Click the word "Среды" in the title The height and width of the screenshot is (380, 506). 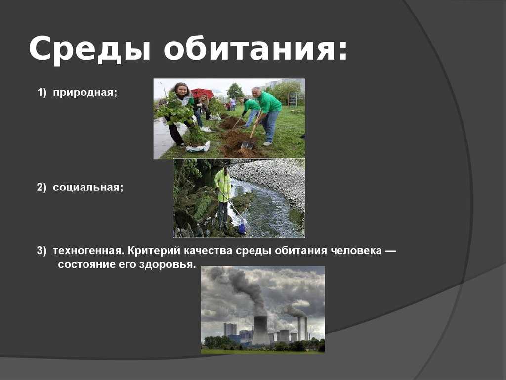[90, 49]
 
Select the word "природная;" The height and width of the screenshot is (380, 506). [85, 93]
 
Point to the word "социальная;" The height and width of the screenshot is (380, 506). [88, 188]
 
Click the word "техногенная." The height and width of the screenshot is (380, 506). [89, 251]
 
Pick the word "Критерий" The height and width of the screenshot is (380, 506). [154, 251]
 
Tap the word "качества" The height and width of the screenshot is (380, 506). [208, 251]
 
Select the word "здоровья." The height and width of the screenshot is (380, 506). [168, 265]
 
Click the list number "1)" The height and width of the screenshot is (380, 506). [42, 93]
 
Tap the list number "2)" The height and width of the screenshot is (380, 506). [42, 188]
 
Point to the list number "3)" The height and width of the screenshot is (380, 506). [42, 251]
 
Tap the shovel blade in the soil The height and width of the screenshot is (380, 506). [247, 144]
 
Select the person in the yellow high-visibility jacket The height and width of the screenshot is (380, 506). [223, 197]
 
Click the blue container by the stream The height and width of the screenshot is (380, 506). [242, 226]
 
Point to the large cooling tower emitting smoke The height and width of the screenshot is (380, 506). [260, 330]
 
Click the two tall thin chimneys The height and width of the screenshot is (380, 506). [302, 329]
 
